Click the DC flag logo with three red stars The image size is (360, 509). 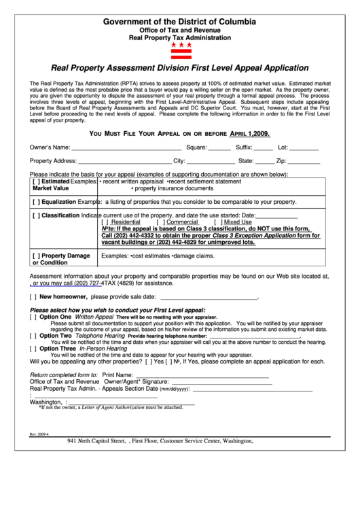[180, 50]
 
